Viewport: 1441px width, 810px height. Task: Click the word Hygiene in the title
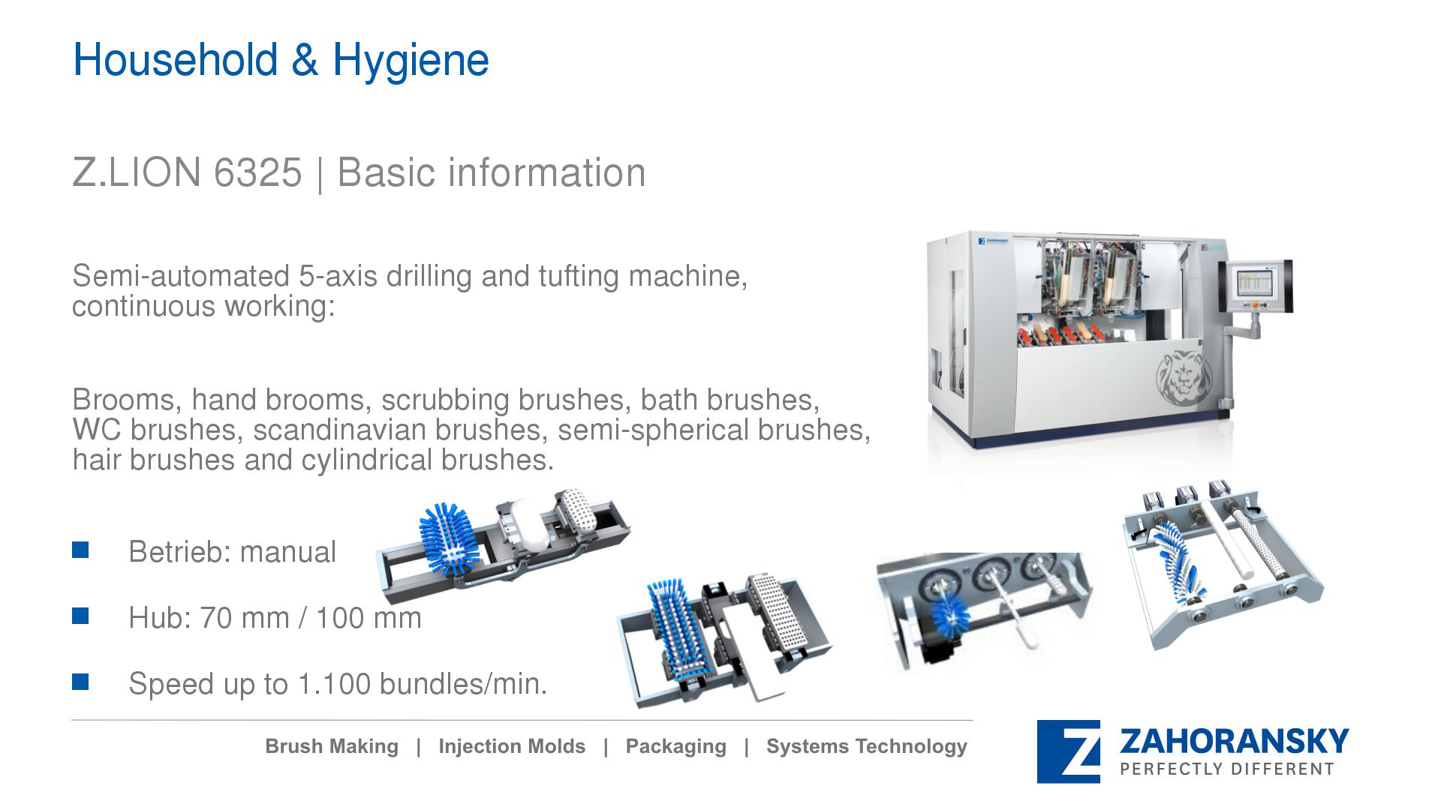pos(411,61)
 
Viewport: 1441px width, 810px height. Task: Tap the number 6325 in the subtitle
pos(257,172)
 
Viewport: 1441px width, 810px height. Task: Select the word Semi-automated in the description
pos(180,276)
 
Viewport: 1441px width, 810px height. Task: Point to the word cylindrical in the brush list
pos(368,460)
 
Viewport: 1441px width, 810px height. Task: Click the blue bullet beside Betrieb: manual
pos(80,550)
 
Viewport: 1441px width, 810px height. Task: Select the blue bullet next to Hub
pos(80,616)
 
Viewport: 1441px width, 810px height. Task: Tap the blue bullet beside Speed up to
pos(80,682)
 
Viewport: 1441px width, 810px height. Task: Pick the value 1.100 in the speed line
pos(334,684)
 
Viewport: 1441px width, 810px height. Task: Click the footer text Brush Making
pos(332,746)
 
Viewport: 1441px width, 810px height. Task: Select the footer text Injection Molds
pos(512,746)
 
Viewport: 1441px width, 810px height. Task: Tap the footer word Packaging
pos(675,747)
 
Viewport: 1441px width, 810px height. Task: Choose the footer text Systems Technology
pos(867,747)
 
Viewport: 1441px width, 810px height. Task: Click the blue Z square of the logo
pos(1069,751)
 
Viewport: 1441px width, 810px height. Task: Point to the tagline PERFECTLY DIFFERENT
pos(1227,769)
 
